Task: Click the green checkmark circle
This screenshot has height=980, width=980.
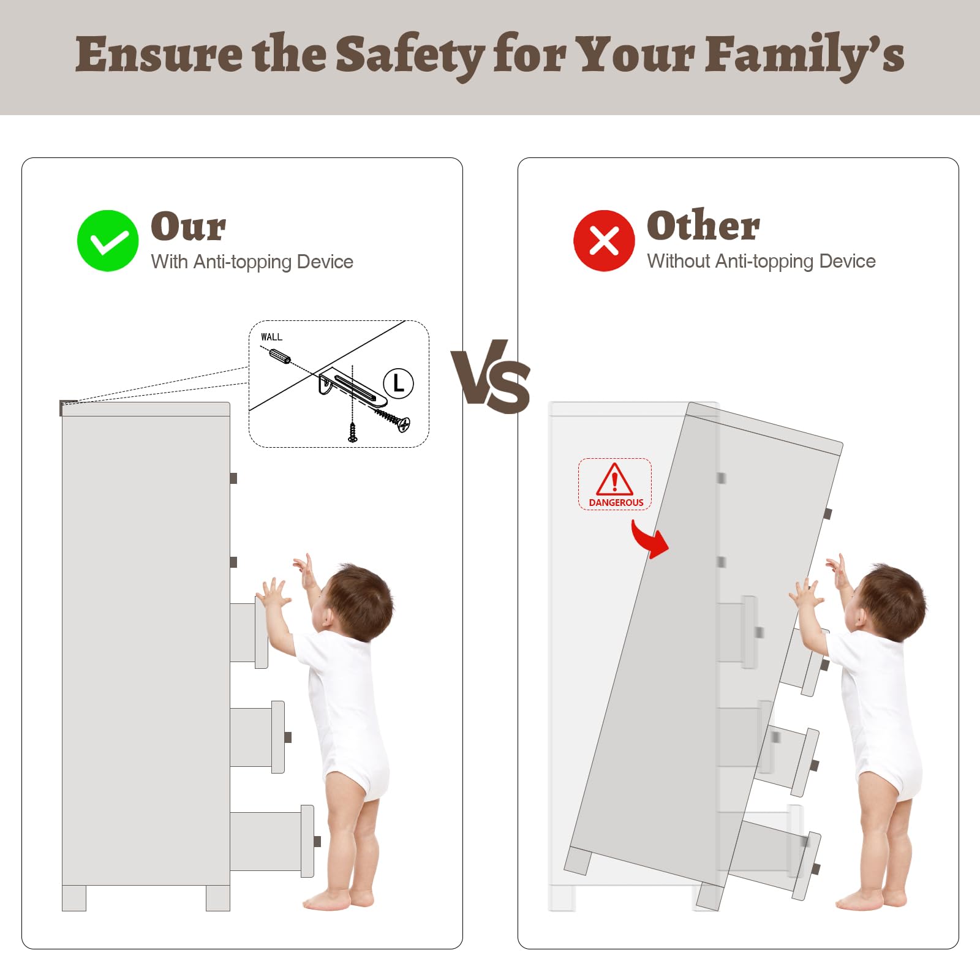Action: pos(108,241)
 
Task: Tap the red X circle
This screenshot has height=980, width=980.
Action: pos(604,241)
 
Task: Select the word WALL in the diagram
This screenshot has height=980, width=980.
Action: pos(271,337)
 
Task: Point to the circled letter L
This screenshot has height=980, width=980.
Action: pos(398,384)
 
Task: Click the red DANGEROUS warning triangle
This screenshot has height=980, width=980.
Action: pos(614,479)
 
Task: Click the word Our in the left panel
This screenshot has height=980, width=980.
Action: pos(188,226)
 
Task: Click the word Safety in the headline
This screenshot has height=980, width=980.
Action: pos(410,56)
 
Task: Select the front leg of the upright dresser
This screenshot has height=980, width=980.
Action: pos(218,898)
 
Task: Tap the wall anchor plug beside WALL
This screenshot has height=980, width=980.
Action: pos(280,356)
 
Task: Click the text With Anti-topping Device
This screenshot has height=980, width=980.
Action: pos(252,262)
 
